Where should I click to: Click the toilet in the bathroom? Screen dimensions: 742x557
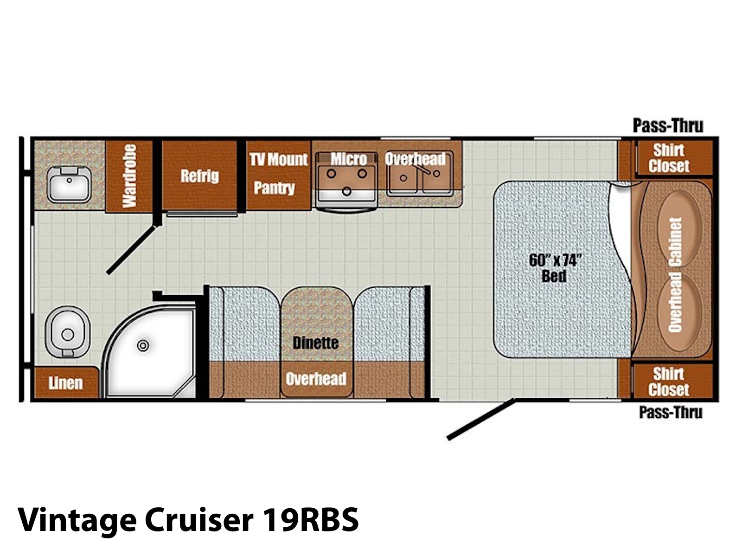68,332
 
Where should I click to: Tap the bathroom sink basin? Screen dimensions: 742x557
69,184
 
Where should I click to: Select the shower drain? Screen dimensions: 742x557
143,346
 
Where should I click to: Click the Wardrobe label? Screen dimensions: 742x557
130,176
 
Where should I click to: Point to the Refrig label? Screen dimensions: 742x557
199,176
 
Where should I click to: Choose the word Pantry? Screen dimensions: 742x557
274,188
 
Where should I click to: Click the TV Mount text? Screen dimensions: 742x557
279,159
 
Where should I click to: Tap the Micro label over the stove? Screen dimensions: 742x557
349,159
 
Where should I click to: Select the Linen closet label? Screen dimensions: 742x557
65,383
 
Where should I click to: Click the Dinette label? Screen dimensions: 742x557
315,343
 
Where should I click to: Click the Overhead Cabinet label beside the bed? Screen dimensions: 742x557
675,275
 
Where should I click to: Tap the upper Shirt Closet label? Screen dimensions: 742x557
669,158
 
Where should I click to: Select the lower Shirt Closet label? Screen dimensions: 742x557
669,382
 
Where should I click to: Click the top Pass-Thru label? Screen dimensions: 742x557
668,126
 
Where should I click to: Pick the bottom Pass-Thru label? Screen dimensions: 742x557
671,412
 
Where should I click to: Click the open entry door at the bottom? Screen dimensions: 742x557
481,419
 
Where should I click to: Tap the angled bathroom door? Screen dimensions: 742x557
131,250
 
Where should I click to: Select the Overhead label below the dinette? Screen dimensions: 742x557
316,379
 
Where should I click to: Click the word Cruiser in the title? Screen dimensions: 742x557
199,520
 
